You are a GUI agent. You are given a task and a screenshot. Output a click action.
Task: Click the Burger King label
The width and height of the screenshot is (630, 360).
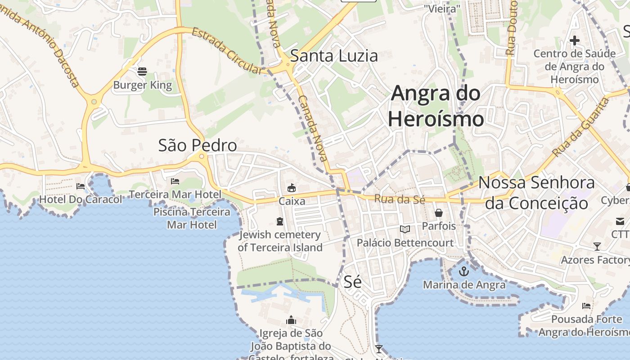142,85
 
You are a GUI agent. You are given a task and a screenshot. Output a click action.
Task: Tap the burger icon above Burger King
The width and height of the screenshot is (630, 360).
142,71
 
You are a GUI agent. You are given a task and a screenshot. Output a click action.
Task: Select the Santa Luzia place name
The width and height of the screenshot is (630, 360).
334,56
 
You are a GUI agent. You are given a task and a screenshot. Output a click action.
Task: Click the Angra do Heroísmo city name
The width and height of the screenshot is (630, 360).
436,106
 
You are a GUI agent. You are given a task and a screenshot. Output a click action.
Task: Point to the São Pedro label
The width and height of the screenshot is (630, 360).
197,145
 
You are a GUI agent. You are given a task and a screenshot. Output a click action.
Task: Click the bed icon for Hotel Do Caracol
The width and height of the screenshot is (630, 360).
81,186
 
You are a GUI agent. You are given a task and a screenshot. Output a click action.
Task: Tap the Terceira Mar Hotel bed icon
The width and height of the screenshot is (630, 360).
175,181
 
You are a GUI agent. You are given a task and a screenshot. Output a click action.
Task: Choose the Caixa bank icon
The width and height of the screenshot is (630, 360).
292,188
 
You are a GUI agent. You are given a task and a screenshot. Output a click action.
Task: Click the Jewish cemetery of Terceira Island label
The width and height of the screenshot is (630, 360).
280,241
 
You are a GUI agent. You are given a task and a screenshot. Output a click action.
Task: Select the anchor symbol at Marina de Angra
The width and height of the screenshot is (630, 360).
463,271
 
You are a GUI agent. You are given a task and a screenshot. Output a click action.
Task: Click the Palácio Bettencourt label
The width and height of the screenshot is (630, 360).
405,243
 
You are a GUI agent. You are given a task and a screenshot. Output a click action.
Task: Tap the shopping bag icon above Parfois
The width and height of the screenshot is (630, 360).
439,212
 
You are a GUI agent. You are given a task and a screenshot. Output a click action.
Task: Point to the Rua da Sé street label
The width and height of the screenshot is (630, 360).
400,199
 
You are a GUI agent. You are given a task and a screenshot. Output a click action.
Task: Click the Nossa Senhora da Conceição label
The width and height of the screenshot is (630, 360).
536,193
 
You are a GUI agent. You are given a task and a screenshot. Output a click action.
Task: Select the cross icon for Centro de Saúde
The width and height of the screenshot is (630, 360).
574,40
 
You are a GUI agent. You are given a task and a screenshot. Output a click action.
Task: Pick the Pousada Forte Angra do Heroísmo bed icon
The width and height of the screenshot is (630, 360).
586,306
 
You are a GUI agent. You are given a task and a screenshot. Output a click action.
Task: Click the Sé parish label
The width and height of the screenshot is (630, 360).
352,282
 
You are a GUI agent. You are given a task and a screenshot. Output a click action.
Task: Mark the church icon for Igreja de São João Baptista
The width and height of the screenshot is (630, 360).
291,320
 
